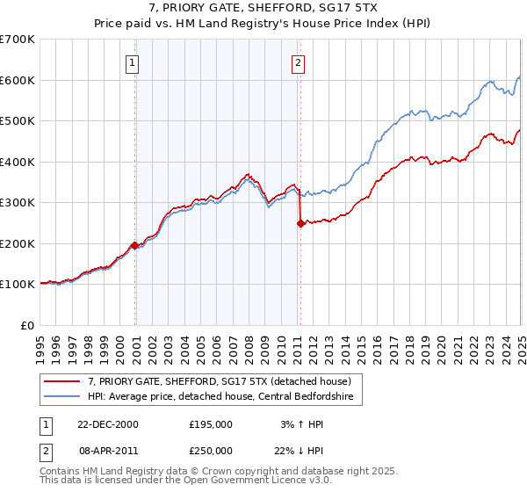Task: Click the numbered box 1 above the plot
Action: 132,62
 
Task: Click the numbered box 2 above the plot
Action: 299,62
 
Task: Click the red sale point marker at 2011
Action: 300,223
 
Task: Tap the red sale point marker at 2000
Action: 134,245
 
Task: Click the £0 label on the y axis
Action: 28,325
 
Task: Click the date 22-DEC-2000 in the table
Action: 108,423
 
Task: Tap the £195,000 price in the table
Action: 211,423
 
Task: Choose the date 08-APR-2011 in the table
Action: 108,450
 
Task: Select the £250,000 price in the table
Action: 211,450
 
